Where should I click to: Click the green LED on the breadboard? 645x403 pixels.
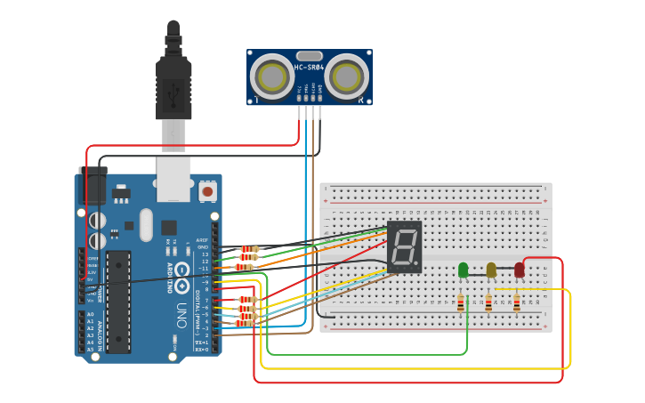point(463,270)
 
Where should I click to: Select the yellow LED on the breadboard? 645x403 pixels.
point(491,270)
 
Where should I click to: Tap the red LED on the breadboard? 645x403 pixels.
point(520,270)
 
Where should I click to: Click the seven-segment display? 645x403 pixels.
point(405,247)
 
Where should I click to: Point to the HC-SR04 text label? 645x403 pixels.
point(310,67)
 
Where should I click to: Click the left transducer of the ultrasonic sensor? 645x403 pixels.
point(270,77)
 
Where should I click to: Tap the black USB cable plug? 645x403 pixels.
point(173,85)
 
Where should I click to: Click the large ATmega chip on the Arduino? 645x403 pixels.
point(118,300)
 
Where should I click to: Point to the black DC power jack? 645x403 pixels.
point(92,185)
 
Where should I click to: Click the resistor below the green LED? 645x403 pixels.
point(460,304)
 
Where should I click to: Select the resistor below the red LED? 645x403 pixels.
point(517,304)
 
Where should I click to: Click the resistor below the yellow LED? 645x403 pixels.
point(488,304)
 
